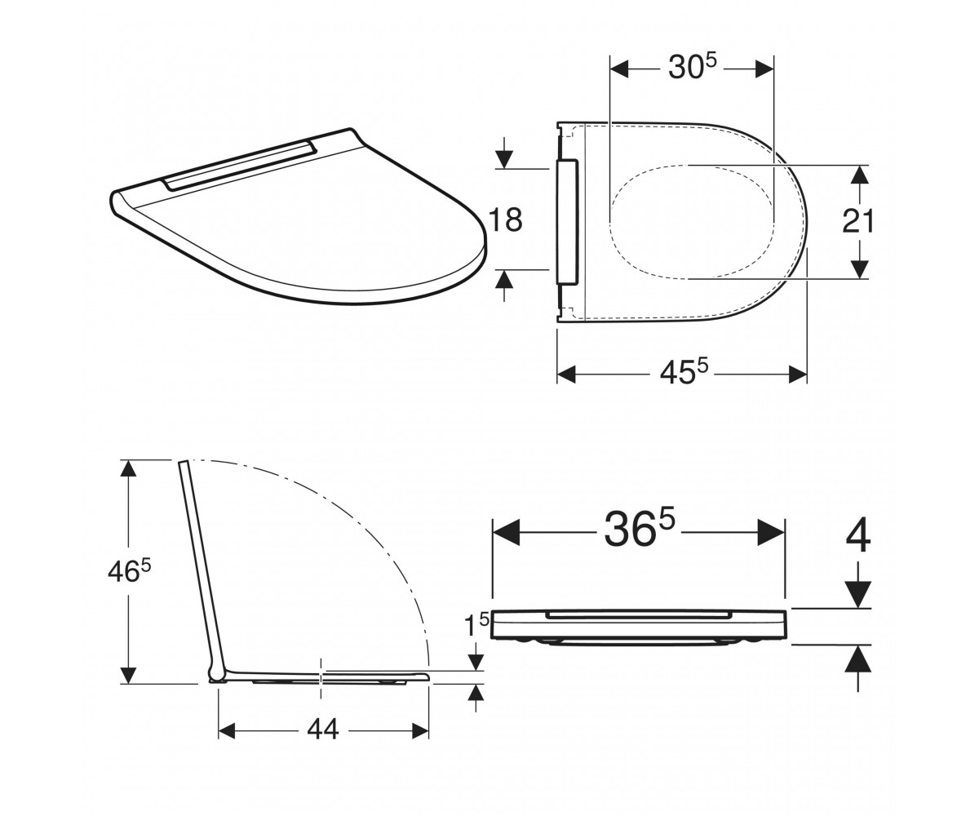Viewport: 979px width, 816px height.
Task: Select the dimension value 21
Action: pos(858,221)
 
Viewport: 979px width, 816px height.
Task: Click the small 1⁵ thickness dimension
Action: pos(476,623)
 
